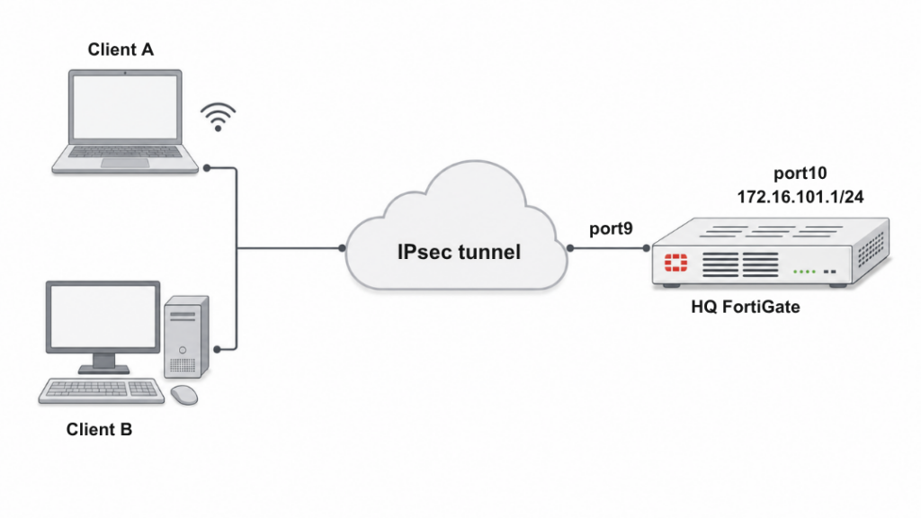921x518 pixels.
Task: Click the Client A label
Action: (x=121, y=49)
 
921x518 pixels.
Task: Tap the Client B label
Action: (x=99, y=429)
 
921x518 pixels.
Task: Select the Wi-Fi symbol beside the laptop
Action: (x=218, y=117)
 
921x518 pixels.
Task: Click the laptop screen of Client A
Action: (x=125, y=108)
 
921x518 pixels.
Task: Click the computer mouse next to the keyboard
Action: (x=184, y=394)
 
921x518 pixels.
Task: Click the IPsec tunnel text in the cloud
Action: (x=459, y=252)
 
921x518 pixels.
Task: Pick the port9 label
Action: (x=611, y=228)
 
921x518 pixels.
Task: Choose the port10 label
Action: (x=800, y=174)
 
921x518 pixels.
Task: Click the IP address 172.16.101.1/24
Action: (x=800, y=196)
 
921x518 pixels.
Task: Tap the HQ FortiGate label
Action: (x=746, y=308)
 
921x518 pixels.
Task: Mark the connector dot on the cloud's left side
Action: (x=344, y=247)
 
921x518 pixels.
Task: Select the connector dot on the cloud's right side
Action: (x=569, y=247)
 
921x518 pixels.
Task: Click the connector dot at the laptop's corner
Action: (x=207, y=168)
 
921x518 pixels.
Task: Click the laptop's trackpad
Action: (x=125, y=163)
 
